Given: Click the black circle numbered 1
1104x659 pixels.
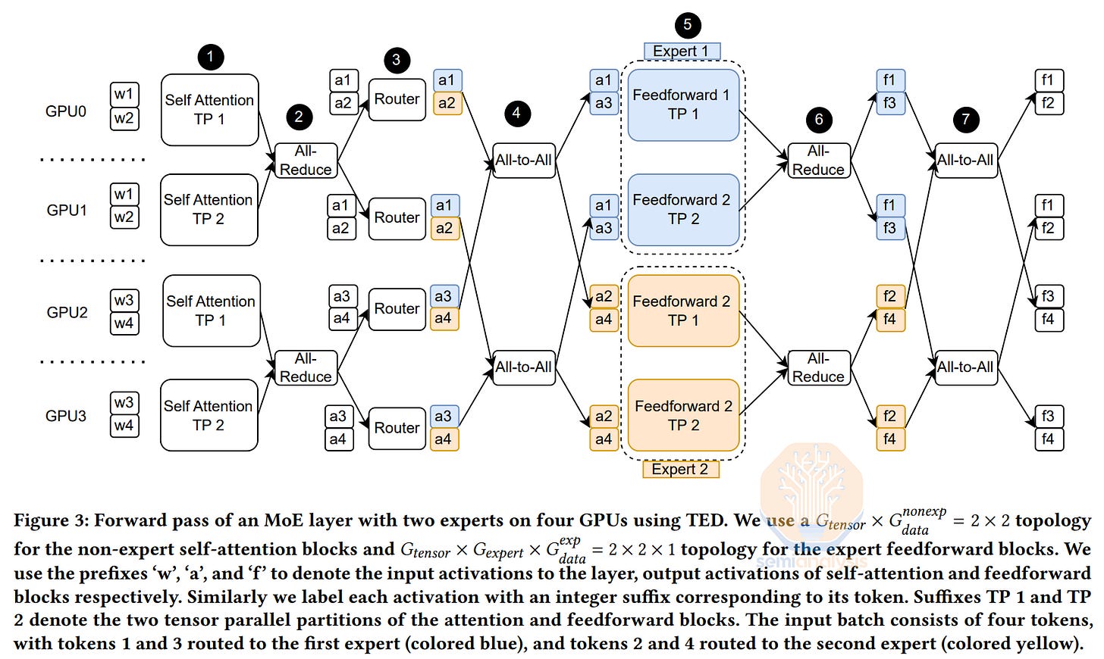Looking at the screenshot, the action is pyautogui.click(x=211, y=57).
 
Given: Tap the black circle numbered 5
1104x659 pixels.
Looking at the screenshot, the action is pyautogui.click(x=688, y=25).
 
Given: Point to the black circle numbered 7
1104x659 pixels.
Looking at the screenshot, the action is pyautogui.click(x=965, y=120).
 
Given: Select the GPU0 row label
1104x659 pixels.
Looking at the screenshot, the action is pyautogui.click(x=65, y=111).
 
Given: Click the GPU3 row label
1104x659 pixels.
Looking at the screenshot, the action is pyautogui.click(x=65, y=416).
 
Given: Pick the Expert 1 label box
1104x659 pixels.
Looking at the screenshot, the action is pyautogui.click(x=682, y=52).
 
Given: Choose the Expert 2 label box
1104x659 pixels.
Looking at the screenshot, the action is pyautogui.click(x=681, y=470).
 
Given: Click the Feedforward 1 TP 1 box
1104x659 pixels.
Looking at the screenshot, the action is pyautogui.click(x=683, y=105).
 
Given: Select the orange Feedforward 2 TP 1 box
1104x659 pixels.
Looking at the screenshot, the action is pyautogui.click(x=683, y=311).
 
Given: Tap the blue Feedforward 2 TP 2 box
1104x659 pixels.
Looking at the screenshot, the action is pyautogui.click(x=683, y=210).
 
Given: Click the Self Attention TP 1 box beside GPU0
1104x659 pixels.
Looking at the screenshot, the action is pyautogui.click(x=209, y=110).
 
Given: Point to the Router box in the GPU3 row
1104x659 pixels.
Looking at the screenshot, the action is pyautogui.click(x=397, y=428).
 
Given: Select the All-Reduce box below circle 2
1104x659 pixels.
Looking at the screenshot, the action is pyautogui.click(x=306, y=161).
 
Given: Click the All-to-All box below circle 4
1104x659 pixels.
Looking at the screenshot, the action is pyautogui.click(x=523, y=161).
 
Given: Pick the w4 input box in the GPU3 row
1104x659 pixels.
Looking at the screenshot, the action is pyautogui.click(x=124, y=426).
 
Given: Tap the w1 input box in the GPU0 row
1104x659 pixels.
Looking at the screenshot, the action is pyautogui.click(x=124, y=94).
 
